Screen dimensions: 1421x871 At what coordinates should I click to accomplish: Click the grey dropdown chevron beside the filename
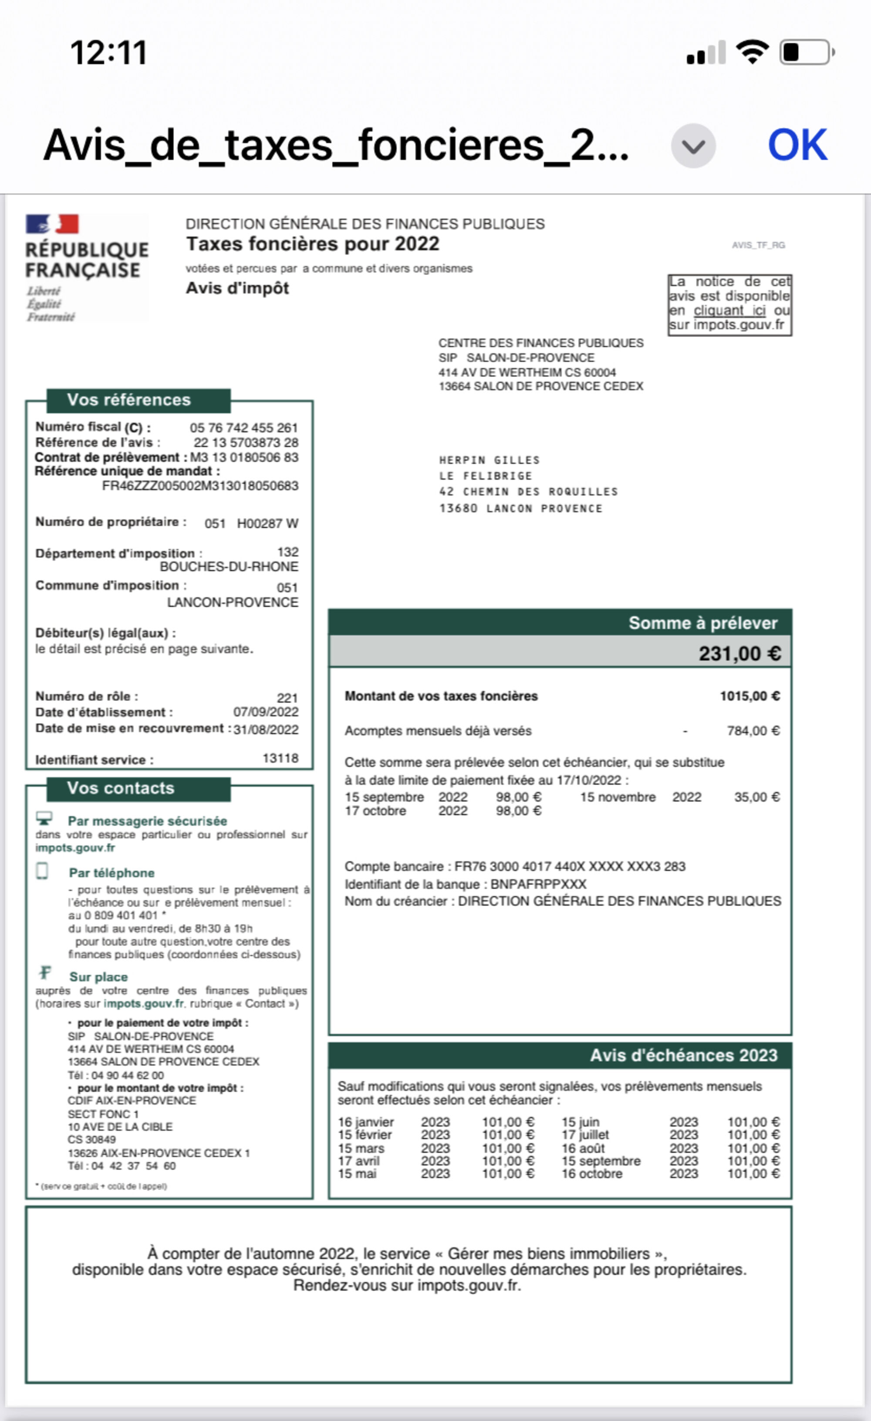(693, 146)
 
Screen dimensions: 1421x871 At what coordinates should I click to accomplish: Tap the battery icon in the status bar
(807, 53)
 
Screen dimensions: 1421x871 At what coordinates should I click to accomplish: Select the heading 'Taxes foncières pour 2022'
(312, 244)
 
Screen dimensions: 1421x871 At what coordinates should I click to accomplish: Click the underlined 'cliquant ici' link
(729, 310)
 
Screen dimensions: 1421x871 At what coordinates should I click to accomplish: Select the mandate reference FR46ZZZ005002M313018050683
(200, 486)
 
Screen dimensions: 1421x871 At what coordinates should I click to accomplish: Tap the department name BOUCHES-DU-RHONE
(229, 567)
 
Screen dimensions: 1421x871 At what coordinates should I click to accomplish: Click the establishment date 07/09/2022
(265, 712)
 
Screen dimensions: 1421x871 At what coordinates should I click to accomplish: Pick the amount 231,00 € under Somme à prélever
(739, 653)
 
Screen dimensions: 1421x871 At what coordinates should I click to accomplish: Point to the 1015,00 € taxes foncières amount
(749, 696)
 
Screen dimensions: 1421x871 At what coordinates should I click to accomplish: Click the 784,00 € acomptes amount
(753, 731)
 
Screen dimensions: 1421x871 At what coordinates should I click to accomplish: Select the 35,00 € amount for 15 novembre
(756, 797)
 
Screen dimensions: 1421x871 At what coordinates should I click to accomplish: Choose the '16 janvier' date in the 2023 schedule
(366, 1122)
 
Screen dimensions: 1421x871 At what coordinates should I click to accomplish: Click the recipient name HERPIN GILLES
(489, 460)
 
